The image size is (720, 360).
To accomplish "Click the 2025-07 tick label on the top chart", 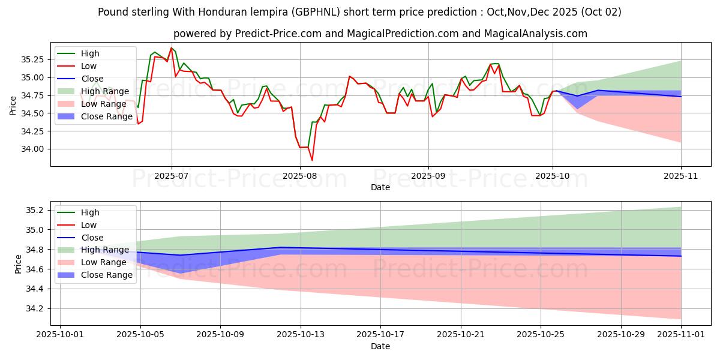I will (172, 176).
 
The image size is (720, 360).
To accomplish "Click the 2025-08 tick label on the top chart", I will (300, 176).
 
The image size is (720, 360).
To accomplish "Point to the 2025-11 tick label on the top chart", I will (681, 176).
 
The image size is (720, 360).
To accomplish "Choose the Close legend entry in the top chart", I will (92, 79).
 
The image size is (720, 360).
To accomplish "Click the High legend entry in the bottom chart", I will (90, 212).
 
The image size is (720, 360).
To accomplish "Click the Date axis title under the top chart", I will (380, 187).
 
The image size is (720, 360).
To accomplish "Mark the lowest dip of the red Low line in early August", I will (312, 160).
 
